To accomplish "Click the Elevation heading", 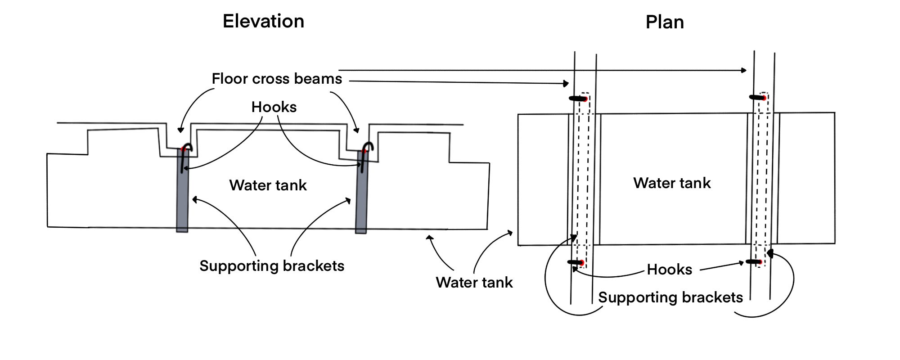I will coord(263,21).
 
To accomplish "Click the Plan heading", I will coord(665,22).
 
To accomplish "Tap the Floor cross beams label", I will coord(277,79).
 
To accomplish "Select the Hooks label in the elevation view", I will coord(274,107).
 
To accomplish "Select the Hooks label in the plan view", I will coord(669,270).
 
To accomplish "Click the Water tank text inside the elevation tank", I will coord(268,185).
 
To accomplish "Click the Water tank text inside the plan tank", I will coord(672,183).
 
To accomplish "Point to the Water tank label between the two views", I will coord(474,283).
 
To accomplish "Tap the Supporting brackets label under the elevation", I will coord(272,266).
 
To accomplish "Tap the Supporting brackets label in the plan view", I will coord(670,297).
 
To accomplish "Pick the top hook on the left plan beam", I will coord(578,99).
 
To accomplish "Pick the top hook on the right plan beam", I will coord(758,97).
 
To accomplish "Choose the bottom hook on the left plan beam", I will coord(576,262).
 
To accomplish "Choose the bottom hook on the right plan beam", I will coord(754,261).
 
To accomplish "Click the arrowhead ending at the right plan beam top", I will coord(744,70).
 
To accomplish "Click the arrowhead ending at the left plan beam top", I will coord(566,83).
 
